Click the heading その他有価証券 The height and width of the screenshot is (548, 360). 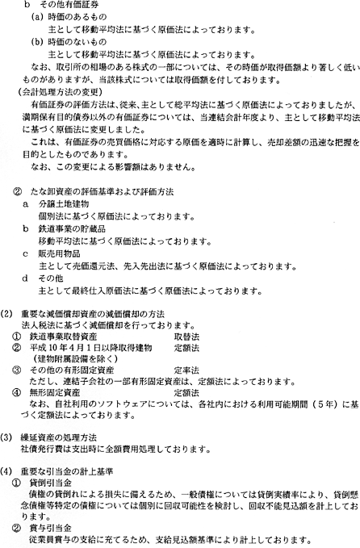click(69, 5)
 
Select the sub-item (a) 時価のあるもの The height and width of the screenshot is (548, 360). click(69, 17)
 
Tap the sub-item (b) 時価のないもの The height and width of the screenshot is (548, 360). click(69, 42)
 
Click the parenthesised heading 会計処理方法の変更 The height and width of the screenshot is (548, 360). click(60, 92)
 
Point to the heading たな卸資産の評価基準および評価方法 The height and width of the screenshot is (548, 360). click(107, 191)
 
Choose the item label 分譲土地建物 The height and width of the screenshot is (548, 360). click(64, 204)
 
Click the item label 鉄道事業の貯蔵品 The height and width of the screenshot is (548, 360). click(72, 229)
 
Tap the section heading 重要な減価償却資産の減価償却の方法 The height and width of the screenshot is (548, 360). click(93, 314)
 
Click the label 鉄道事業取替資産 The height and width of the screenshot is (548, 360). click(63, 337)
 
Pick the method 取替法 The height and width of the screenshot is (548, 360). click(186, 337)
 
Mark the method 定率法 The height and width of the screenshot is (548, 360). click(186, 370)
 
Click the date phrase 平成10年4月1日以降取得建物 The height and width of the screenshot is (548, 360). click(91, 348)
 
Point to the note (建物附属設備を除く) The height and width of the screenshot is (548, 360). click(75, 359)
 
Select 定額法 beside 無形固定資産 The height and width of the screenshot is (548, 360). click(186, 392)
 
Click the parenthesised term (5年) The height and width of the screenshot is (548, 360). click(327, 404)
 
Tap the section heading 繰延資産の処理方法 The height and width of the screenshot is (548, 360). click(59, 437)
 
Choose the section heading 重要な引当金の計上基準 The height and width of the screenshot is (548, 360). click(67, 471)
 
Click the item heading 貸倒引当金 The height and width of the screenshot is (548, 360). click(51, 483)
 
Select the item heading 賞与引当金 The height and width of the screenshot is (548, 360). click(51, 529)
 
